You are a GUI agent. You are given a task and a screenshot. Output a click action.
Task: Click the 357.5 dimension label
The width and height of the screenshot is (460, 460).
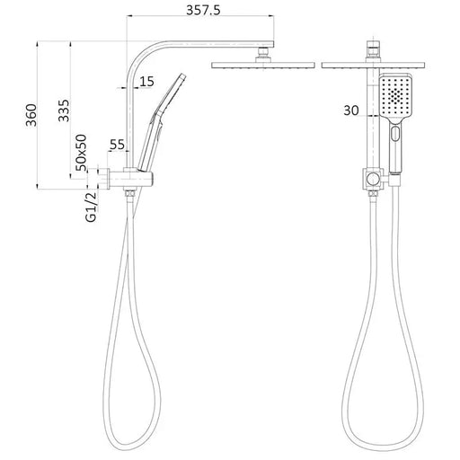pyautogui.click(x=203, y=10)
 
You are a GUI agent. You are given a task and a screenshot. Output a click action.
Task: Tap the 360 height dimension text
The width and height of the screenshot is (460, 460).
pyautogui.click(x=31, y=115)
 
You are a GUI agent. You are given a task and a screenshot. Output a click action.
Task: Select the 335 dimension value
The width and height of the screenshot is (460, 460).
pyautogui.click(x=64, y=111)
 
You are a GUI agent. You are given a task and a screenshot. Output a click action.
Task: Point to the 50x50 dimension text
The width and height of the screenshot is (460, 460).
pyautogui.click(x=81, y=153)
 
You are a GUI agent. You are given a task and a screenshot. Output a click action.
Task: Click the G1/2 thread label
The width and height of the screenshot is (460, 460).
pyautogui.click(x=91, y=207)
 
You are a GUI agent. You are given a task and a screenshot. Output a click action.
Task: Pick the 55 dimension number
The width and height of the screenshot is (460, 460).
pyautogui.click(x=117, y=145)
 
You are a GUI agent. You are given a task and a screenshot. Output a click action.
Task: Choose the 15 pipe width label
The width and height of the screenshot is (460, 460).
pyautogui.click(x=146, y=82)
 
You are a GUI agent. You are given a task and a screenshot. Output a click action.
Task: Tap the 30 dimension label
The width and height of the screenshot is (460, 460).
pyautogui.click(x=351, y=111)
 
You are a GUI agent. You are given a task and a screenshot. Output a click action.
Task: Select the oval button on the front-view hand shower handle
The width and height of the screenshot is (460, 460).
pyautogui.click(x=395, y=134)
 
